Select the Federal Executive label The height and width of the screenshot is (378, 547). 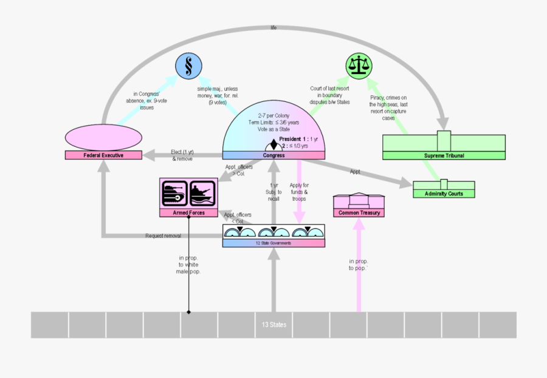coord(103,155)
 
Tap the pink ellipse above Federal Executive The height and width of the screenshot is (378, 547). coord(103,136)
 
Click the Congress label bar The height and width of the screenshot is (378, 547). coord(273,155)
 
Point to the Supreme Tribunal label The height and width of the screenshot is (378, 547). coord(444,156)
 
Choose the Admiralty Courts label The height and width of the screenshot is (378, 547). coord(443,194)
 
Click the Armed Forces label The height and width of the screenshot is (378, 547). coord(188,213)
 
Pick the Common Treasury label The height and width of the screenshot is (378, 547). coord(359,213)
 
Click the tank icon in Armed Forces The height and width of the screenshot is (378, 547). coord(175,194)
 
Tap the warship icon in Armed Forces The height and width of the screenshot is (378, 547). coord(203,194)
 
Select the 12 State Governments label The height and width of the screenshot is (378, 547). coord(273,243)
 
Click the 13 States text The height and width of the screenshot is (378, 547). coord(274,325)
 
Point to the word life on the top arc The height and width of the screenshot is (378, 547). coord(273,27)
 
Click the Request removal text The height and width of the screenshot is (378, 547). coord(163,236)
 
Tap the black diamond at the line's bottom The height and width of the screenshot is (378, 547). coord(188,312)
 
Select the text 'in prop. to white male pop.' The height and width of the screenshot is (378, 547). coord(188,265)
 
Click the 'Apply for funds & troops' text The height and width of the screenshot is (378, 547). coord(298,192)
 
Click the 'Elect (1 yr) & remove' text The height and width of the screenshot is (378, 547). coord(182,155)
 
